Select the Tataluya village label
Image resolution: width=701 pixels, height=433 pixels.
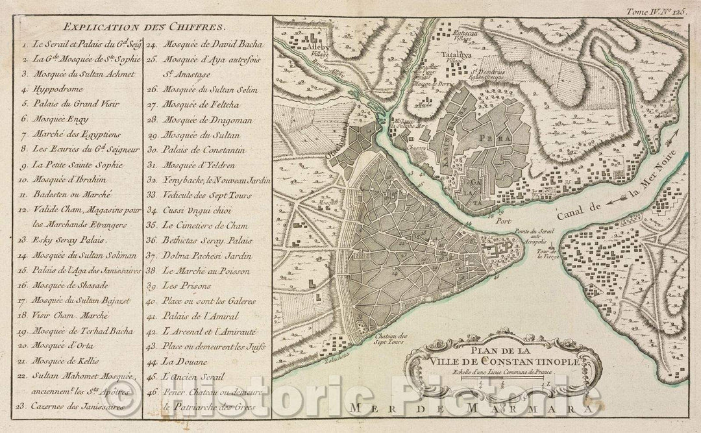coord(457,55)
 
